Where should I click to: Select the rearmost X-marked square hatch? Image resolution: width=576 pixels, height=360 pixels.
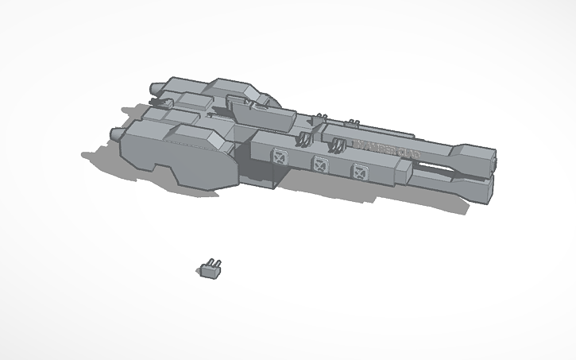tap(278, 157)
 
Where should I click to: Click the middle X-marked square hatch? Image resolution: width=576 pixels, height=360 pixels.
tap(320, 165)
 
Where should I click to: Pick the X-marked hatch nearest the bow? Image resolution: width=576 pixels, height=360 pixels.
tap(361, 170)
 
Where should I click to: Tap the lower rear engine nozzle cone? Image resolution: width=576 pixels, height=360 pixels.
tap(114, 133)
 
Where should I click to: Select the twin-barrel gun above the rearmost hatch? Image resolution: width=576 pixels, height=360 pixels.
tap(303, 140)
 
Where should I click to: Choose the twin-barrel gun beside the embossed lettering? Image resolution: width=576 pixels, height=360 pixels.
tap(338, 146)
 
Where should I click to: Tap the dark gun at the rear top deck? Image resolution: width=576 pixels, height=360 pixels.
tap(164, 102)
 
